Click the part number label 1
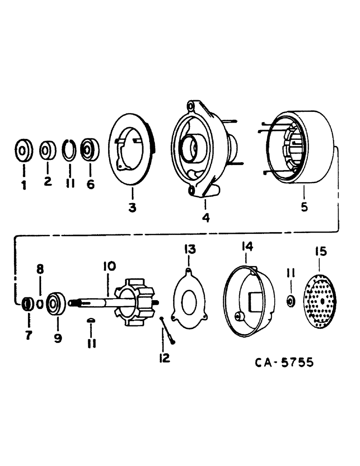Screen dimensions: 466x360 pyautogui.click(x=23, y=185)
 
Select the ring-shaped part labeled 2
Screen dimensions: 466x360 pyautogui.click(x=48, y=151)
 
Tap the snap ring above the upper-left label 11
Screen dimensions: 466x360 pyautogui.click(x=69, y=150)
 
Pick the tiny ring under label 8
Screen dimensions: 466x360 pyautogui.click(x=40, y=304)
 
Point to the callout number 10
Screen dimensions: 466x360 pyautogui.click(x=108, y=267)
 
